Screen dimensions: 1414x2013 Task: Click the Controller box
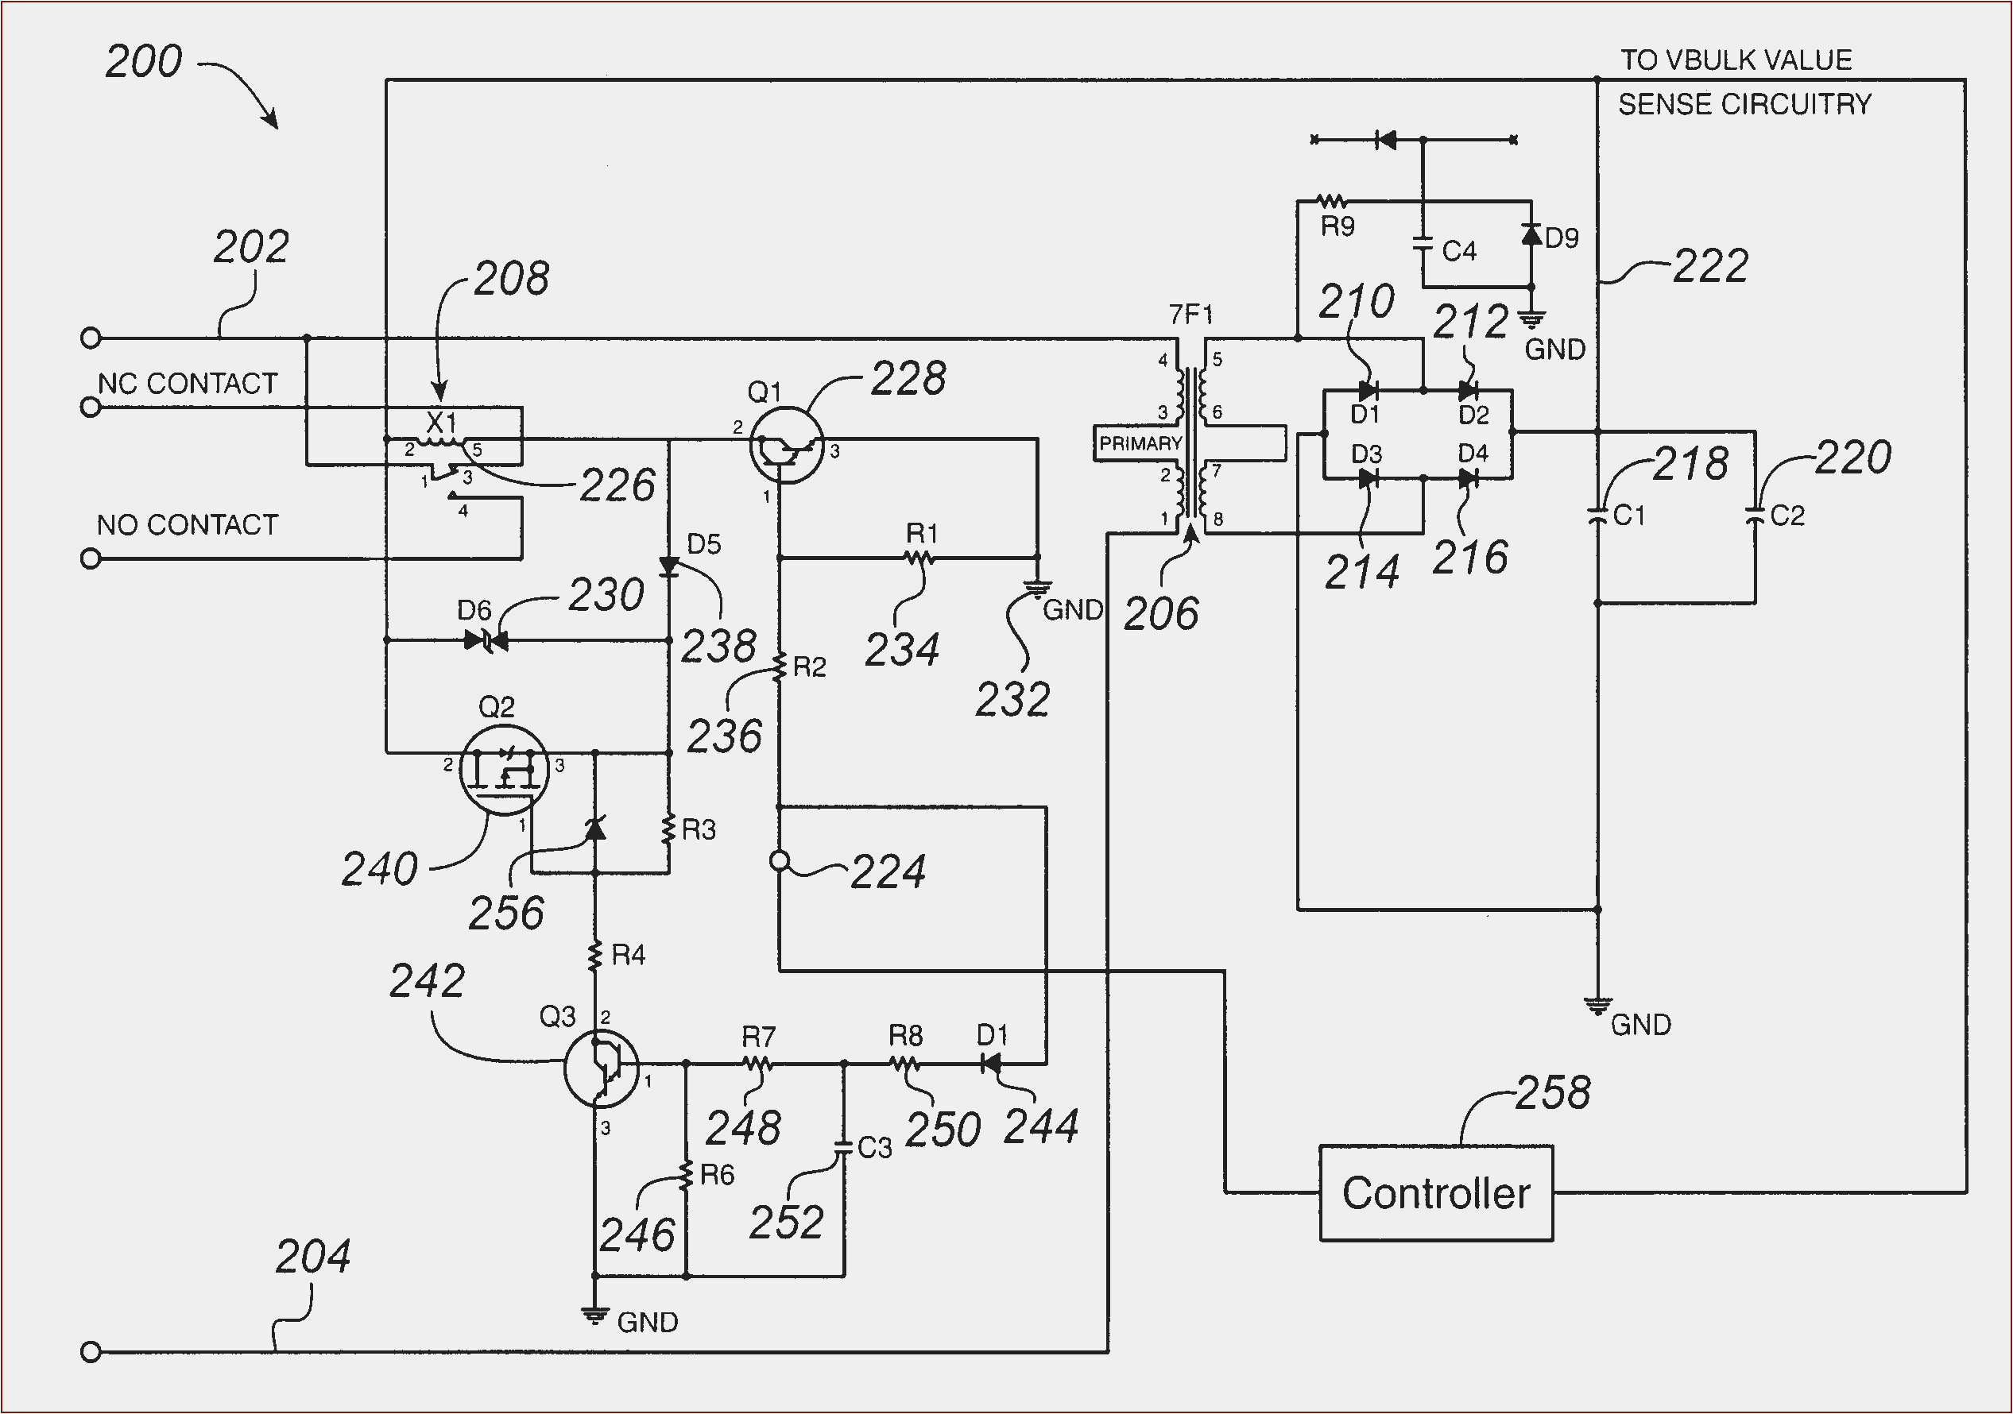(x=1435, y=1193)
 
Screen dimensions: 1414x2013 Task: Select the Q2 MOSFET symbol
(x=503, y=770)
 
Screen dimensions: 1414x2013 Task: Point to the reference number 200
(x=144, y=62)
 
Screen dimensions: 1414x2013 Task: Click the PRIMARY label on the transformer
(x=1140, y=443)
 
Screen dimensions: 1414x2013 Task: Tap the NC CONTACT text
(x=187, y=384)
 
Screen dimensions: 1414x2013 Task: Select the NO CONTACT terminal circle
(x=91, y=558)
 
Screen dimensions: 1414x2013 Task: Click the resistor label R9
(x=1337, y=227)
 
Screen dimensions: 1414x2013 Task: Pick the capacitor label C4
(x=1459, y=252)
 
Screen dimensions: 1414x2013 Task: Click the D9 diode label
(x=1562, y=238)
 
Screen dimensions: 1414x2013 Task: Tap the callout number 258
(x=1552, y=1093)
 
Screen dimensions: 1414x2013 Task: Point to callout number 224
(x=887, y=872)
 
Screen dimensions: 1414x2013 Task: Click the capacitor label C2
(x=1787, y=516)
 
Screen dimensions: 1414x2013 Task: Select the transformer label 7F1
(x=1190, y=314)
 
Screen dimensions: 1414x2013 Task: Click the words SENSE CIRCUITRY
(x=1744, y=105)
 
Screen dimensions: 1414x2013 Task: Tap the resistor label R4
(x=628, y=955)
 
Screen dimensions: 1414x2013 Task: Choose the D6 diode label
(x=474, y=610)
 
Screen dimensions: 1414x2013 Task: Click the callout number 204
(x=312, y=1257)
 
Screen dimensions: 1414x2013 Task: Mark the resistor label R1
(x=921, y=533)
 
